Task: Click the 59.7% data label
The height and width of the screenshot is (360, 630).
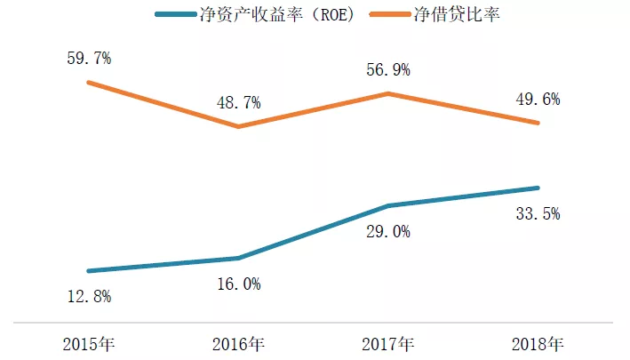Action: click(88, 60)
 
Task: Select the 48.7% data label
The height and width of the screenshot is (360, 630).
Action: click(238, 103)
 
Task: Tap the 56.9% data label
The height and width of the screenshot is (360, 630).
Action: click(387, 70)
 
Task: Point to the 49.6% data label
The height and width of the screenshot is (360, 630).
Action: click(538, 100)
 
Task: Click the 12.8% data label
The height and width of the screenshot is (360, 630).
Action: click(89, 297)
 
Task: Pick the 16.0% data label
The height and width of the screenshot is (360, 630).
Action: click(238, 284)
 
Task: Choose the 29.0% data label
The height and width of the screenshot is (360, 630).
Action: click(387, 232)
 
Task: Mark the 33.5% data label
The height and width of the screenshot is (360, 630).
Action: click(538, 213)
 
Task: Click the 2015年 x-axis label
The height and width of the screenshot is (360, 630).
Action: click(89, 343)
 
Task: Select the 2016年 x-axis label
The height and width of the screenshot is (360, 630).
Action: click(238, 343)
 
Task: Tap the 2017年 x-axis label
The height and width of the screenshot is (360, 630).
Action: click(387, 343)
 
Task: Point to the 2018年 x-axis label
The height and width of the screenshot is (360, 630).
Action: click(538, 343)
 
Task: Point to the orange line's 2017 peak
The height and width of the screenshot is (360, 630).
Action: click(387, 92)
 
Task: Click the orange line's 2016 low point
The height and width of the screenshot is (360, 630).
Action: click(238, 126)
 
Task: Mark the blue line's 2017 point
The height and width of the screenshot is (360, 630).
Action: click(387, 206)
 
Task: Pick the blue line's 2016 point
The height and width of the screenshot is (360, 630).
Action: click(238, 258)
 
